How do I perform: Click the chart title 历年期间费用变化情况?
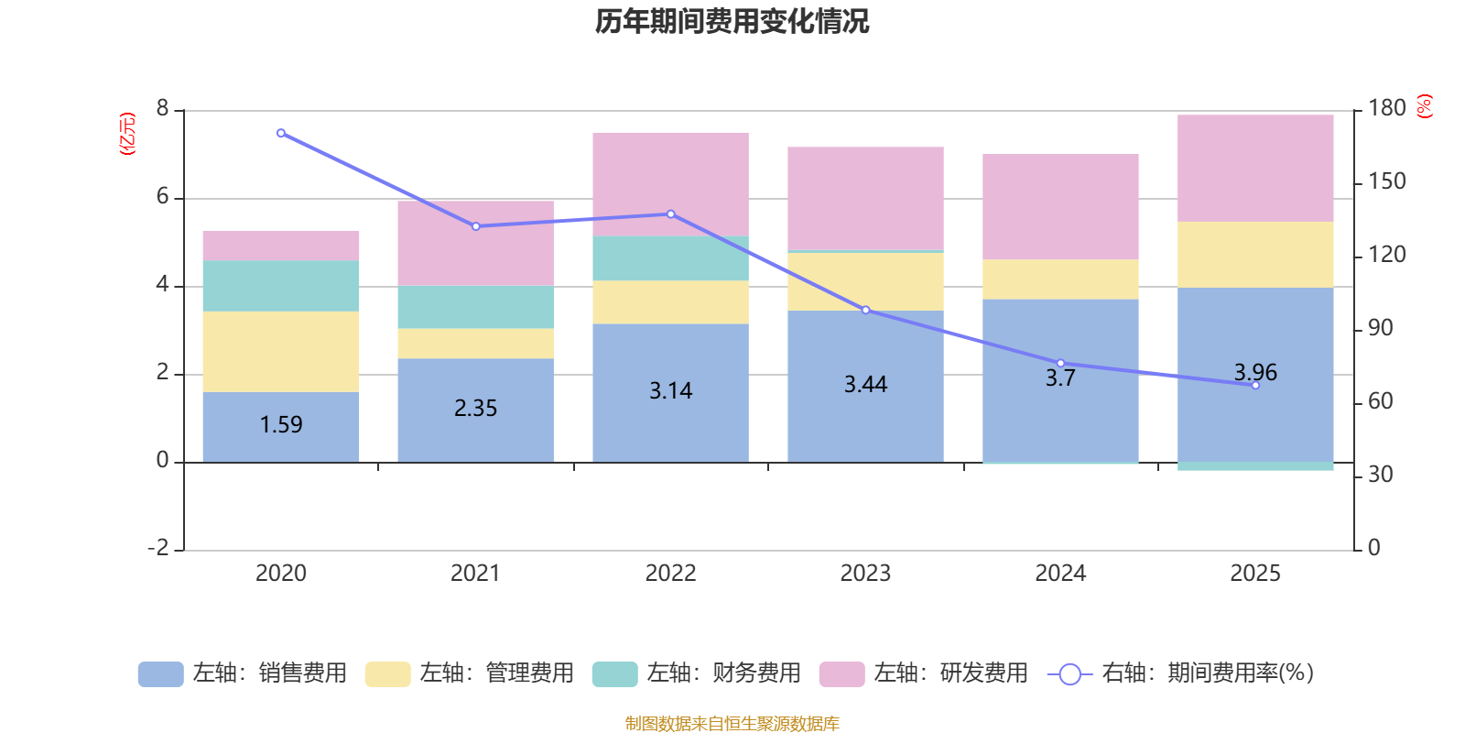(732, 21)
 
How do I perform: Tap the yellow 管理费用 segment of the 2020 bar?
(280, 351)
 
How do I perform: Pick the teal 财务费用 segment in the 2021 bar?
(475, 307)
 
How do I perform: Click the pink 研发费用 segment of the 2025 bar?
(1254, 168)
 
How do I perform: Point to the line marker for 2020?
(280, 133)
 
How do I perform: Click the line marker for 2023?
(865, 311)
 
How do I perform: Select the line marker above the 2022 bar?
(670, 214)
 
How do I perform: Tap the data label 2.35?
(475, 408)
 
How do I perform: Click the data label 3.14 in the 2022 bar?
(670, 391)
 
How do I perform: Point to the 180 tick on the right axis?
(1386, 108)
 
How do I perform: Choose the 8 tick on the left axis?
(162, 108)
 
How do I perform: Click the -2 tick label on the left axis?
(158, 548)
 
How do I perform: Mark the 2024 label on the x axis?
(1060, 574)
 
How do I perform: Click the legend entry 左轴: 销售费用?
(243, 673)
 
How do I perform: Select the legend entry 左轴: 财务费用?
(697, 673)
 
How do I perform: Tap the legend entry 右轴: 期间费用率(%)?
(1181, 673)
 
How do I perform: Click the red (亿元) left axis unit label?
(128, 134)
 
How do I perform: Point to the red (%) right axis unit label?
(1425, 106)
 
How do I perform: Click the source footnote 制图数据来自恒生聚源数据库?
(732, 724)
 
